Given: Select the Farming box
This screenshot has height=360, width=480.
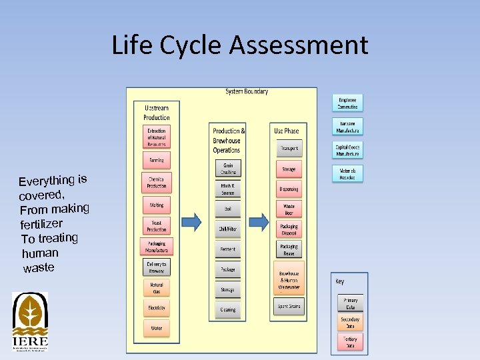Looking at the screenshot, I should coord(156,160).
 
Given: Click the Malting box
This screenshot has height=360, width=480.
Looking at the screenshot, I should coord(156,205).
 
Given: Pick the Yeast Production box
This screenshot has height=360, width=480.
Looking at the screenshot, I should coord(156,226).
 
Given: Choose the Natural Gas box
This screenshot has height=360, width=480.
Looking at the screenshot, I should coord(156,287).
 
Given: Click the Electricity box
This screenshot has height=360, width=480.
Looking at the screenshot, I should coord(156,307).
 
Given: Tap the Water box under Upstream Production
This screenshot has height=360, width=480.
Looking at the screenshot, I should coord(156,328).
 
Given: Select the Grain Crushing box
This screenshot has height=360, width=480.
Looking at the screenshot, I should coord(228,168).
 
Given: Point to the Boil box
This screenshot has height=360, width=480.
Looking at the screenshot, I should coord(228,209).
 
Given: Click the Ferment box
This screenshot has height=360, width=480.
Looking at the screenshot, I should coord(228,249).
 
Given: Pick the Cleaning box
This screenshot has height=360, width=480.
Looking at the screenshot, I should coord(228,309).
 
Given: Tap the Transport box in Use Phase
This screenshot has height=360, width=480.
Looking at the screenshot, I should coord(289,149).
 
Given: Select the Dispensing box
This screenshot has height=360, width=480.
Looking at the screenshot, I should coord(289,189).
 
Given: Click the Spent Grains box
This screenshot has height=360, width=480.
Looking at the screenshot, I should coord(289,307).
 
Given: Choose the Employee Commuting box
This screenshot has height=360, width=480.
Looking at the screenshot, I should coord(347,103).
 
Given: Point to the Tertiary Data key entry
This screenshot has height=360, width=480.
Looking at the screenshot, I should coord(350,343).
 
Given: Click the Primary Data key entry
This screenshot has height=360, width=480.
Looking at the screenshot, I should coord(350,303).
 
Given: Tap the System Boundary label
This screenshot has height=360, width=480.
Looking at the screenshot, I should coord(247,91).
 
